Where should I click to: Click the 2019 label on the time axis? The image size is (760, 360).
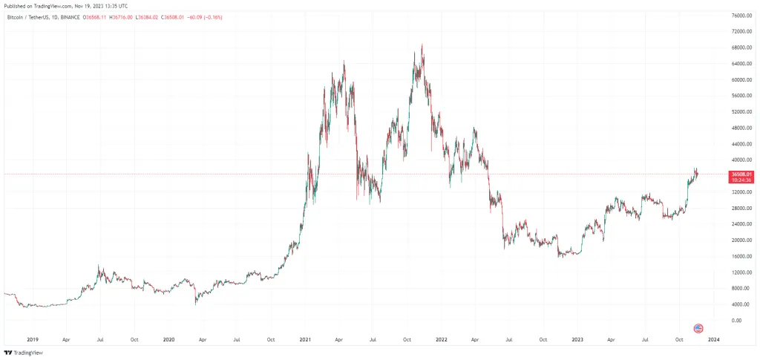pyautogui.click(x=32, y=339)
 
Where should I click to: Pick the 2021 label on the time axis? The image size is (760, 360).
pyautogui.click(x=305, y=339)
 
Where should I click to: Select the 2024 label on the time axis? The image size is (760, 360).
pyautogui.click(x=712, y=339)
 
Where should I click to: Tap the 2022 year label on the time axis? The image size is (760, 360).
pyautogui.click(x=441, y=339)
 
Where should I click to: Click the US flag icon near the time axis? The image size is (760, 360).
pyautogui.click(x=698, y=327)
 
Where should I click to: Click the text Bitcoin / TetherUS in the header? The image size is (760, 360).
pyautogui.click(x=28, y=16)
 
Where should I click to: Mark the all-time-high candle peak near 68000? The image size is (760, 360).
pyautogui.click(x=422, y=45)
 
